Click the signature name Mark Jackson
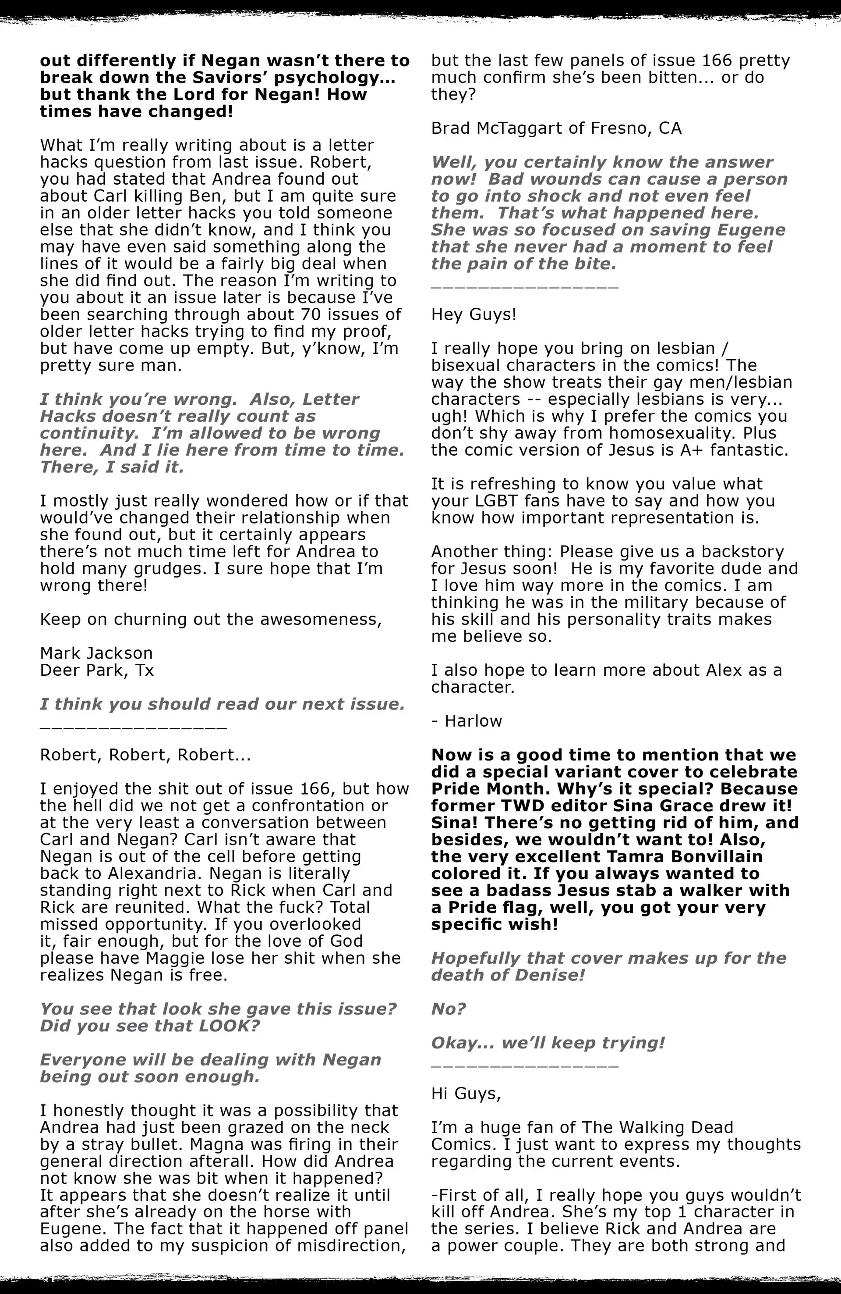click(96, 653)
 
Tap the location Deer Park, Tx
click(97, 670)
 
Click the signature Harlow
click(473, 721)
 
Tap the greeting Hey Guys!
click(474, 315)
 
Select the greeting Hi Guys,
click(466, 1093)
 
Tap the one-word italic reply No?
click(449, 1009)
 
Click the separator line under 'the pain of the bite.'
click(525, 286)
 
